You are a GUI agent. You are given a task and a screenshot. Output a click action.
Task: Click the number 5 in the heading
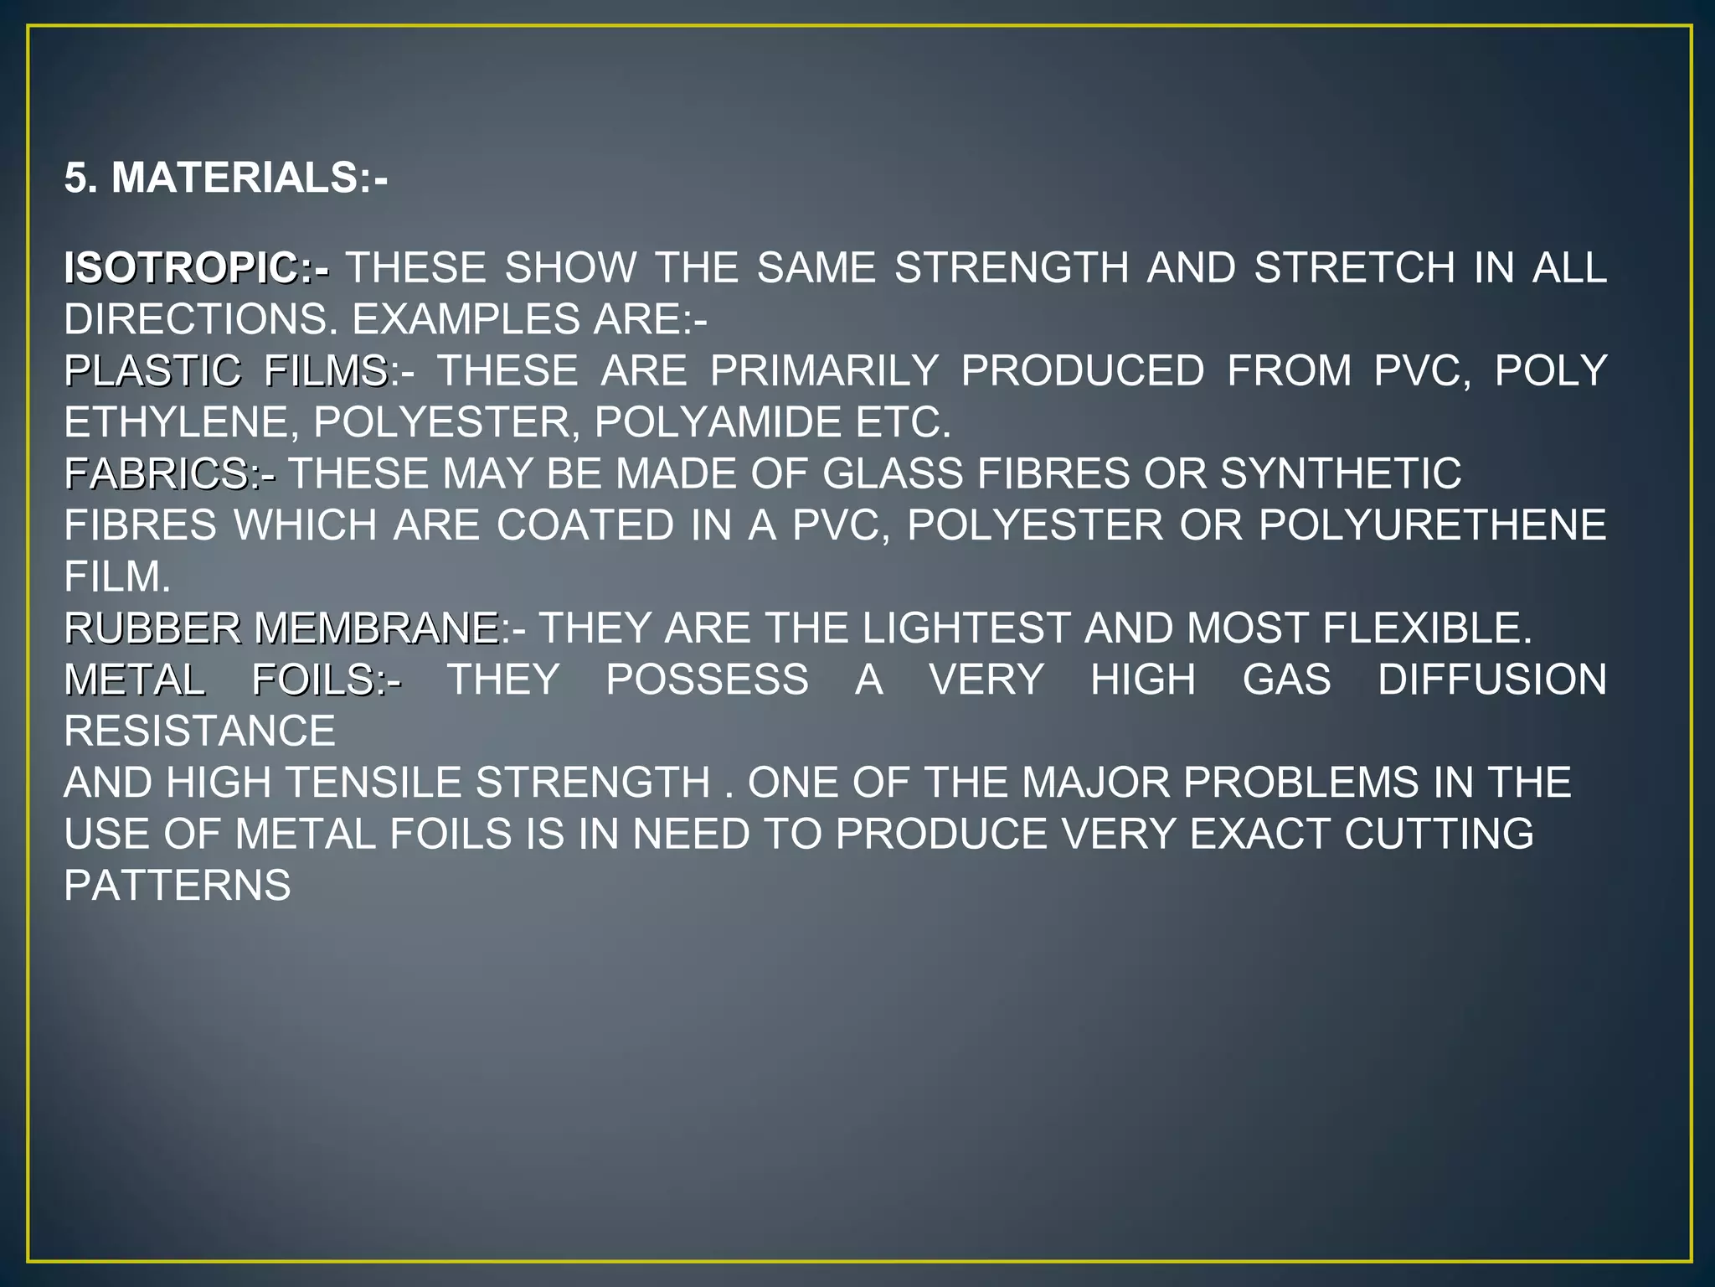coord(75,178)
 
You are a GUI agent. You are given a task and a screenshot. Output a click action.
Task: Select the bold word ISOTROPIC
coord(178,268)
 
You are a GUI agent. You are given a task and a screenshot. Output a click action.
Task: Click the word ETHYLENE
coord(176,422)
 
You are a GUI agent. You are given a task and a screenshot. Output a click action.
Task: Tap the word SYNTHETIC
coord(1341,474)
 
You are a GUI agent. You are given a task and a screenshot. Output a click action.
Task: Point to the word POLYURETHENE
coord(1432,525)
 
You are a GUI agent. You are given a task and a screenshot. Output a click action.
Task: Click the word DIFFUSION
coord(1492,680)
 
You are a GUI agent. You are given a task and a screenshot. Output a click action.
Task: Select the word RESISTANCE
coord(199,731)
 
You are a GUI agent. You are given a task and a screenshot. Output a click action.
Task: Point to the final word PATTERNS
coord(178,886)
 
